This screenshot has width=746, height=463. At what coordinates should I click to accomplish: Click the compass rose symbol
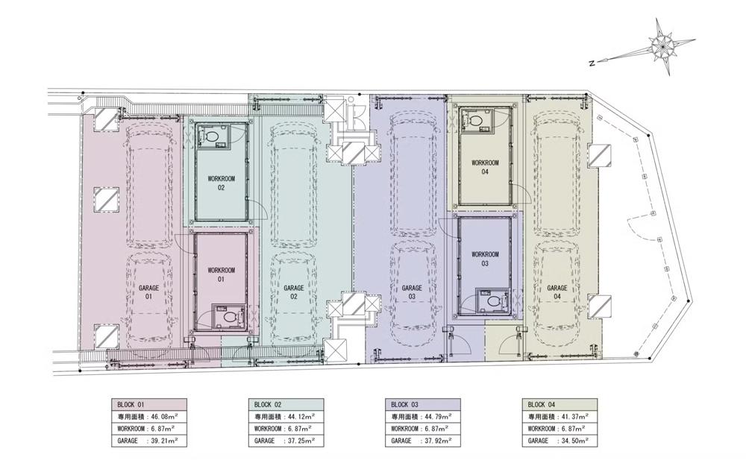[x=662, y=46]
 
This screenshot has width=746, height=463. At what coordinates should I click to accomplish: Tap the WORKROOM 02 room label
[x=222, y=183]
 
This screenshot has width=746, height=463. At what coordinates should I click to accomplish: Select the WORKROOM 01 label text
[x=222, y=275]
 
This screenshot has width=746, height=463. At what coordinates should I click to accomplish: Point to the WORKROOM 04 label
[x=485, y=167]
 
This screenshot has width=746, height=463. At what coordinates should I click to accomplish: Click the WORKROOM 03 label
[x=485, y=259]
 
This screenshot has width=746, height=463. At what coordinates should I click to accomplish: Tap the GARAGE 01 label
[x=148, y=292]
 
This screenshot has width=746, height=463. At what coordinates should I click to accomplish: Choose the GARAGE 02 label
[x=293, y=292]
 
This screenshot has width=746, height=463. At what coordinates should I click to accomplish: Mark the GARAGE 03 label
[x=412, y=292]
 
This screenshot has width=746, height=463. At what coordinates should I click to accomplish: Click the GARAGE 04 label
[x=557, y=292]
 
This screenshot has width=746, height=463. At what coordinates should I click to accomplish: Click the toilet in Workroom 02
[x=211, y=136]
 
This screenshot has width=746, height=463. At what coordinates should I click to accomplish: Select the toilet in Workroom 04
[x=474, y=119]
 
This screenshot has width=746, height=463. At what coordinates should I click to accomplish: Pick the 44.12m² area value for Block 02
[x=301, y=417]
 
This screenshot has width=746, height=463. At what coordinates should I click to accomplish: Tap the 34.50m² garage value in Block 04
[x=574, y=441]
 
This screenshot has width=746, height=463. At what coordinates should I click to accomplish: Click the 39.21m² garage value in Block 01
[x=164, y=441]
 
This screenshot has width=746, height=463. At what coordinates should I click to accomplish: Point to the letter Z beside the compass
[x=592, y=63]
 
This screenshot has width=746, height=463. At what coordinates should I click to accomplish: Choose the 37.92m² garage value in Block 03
[x=438, y=441]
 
